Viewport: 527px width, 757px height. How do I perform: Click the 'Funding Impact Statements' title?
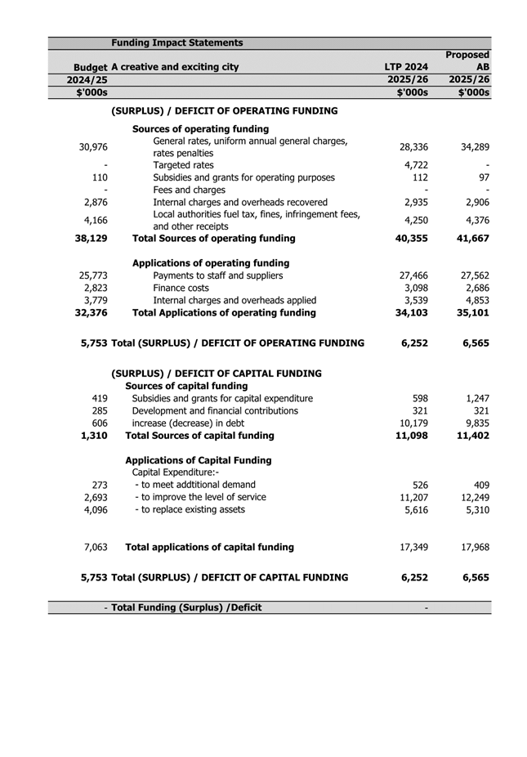(x=176, y=43)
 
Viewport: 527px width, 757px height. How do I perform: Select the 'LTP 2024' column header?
(x=406, y=67)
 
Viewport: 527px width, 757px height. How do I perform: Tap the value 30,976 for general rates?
(x=93, y=147)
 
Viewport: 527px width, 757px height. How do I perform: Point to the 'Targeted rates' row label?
(x=184, y=165)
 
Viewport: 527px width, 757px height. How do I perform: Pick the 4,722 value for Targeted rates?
(x=416, y=165)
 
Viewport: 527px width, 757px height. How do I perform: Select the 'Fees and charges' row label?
(x=190, y=190)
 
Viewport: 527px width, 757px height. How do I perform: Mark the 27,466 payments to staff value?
(x=412, y=275)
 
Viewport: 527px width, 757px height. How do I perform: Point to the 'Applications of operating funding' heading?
(x=211, y=263)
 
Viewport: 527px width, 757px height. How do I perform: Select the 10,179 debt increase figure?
(x=412, y=423)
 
